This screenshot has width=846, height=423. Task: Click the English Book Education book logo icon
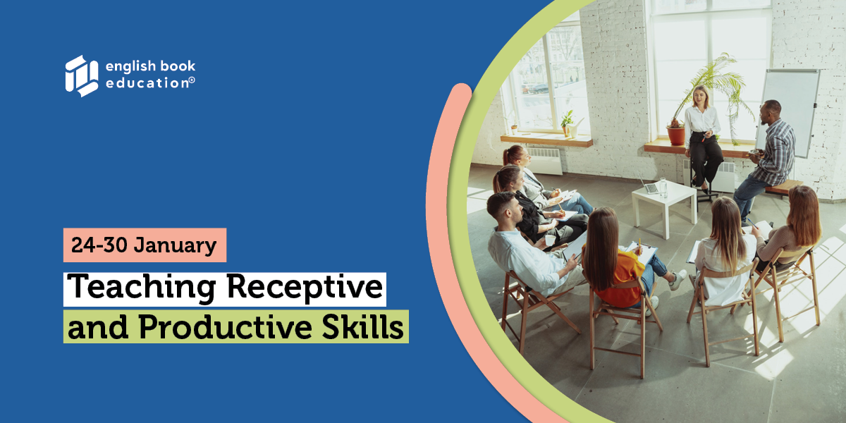[x=82, y=76]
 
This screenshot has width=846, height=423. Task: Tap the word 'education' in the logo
[x=147, y=82]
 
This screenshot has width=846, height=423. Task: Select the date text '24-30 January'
[x=144, y=245]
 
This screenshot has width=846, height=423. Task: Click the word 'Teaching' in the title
[x=143, y=288]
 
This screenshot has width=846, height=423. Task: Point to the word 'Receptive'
[x=305, y=288]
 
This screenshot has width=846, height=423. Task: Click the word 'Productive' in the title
[x=226, y=327]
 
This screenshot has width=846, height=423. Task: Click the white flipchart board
[x=789, y=113]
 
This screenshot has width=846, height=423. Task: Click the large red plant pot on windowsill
[x=675, y=135]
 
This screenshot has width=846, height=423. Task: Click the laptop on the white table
[x=648, y=185]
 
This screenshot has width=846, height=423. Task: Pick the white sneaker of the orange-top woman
[x=678, y=279]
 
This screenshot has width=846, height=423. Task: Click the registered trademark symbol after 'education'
[x=192, y=80]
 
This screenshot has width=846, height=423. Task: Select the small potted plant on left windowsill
[x=567, y=123]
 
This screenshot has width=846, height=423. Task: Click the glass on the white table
[x=663, y=187]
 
